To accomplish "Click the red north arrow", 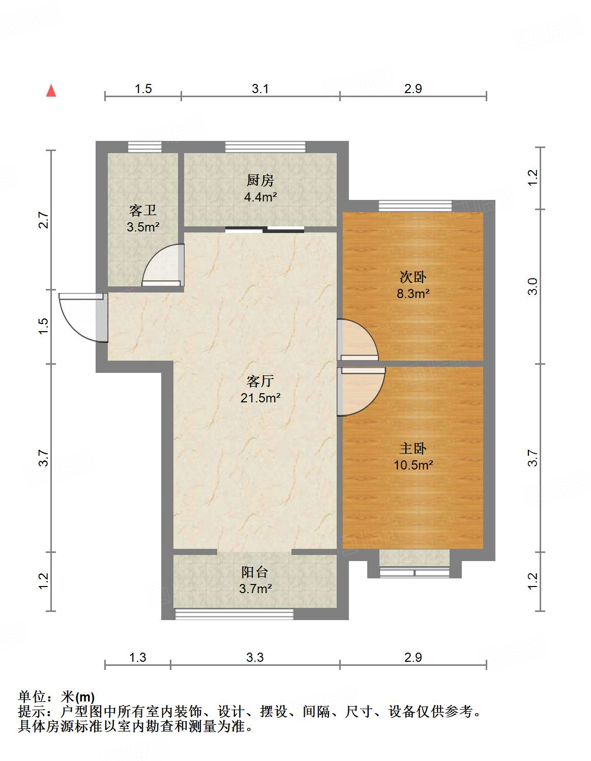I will click(51, 91).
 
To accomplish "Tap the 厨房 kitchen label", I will click(260, 180).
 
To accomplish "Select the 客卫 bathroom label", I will click(142, 210).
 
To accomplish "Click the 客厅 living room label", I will click(260, 381).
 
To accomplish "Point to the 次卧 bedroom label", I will click(412, 277).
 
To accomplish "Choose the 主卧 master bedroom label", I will click(412, 449).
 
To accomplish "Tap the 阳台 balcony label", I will click(254, 572).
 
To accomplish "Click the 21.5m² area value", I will click(260, 398).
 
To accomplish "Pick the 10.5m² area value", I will click(412, 465).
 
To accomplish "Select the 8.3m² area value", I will click(412, 294).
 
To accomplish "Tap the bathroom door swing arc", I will click(162, 265).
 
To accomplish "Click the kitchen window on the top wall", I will click(265, 147).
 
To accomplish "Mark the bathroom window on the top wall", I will click(144, 147).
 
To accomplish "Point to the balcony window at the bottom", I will click(234, 614).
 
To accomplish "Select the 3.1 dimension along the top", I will click(260, 89).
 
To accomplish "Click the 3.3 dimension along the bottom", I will click(255, 658).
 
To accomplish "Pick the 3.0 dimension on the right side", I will click(532, 287).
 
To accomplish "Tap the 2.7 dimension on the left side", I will click(44, 220).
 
